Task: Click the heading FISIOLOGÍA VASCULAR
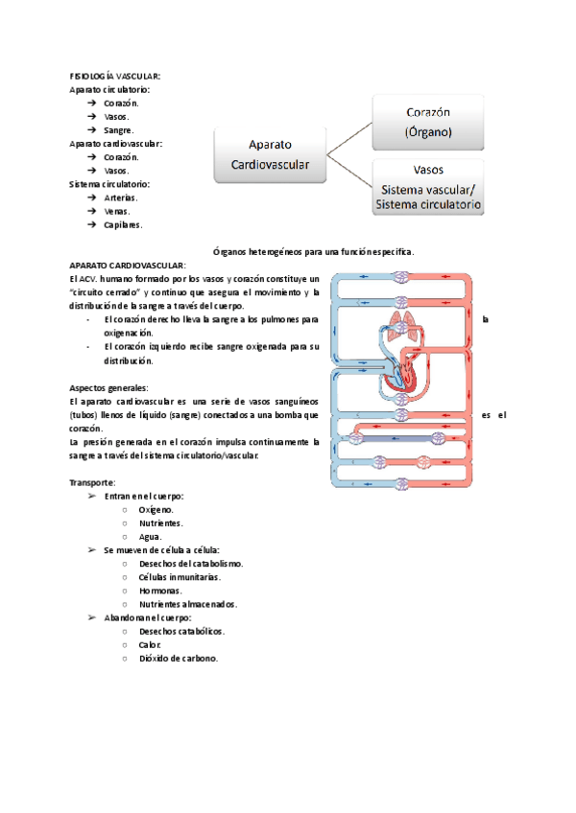(x=114, y=75)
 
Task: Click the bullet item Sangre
(x=119, y=129)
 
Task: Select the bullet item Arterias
(x=122, y=197)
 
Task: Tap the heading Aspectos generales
(x=108, y=387)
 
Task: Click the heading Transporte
(x=93, y=481)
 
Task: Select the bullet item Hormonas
(x=160, y=591)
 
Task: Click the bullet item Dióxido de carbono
(x=178, y=659)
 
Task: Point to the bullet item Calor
(x=150, y=645)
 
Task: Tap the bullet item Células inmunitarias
(x=180, y=577)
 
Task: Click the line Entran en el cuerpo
(x=144, y=496)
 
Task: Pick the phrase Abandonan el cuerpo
(x=148, y=618)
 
